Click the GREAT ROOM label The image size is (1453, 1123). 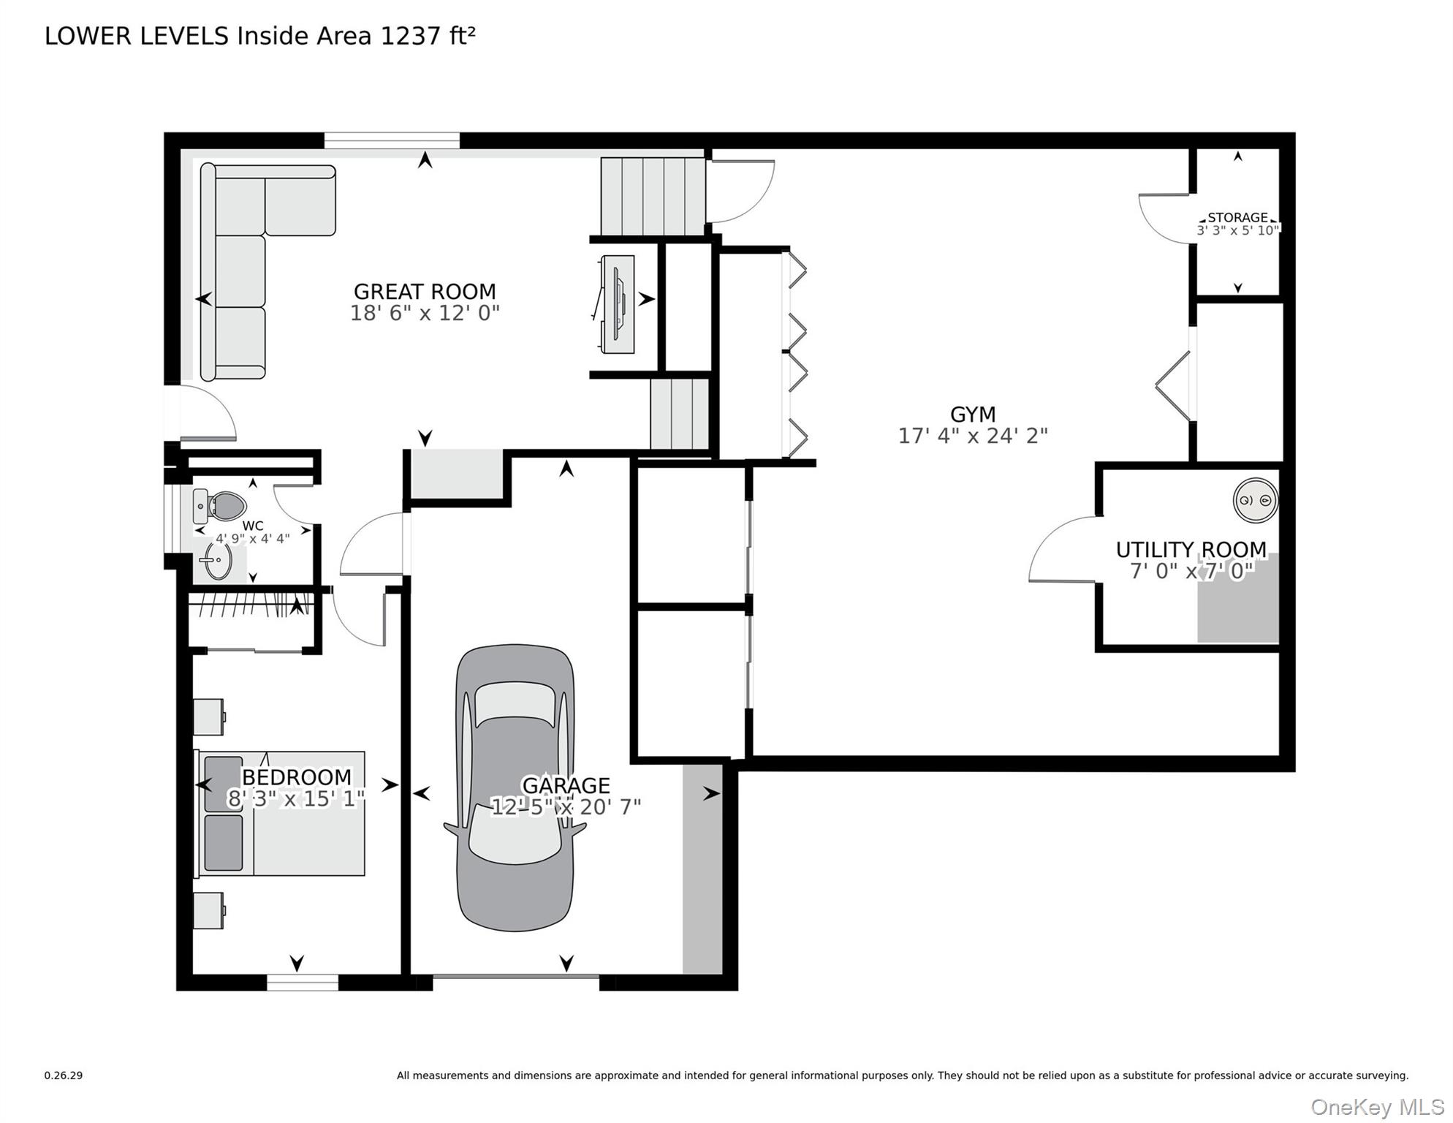point(424,292)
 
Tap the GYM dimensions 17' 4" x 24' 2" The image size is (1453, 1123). point(972,436)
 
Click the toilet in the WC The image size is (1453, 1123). point(222,505)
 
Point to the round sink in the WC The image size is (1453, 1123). point(218,561)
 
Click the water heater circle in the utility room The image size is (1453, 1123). point(1255,501)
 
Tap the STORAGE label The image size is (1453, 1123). point(1237,217)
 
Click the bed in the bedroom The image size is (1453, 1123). point(281,813)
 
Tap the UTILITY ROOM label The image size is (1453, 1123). point(1191,549)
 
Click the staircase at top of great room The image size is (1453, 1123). point(650,196)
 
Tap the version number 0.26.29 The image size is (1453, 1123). point(64,1075)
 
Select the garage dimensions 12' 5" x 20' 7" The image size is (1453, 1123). point(566,807)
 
